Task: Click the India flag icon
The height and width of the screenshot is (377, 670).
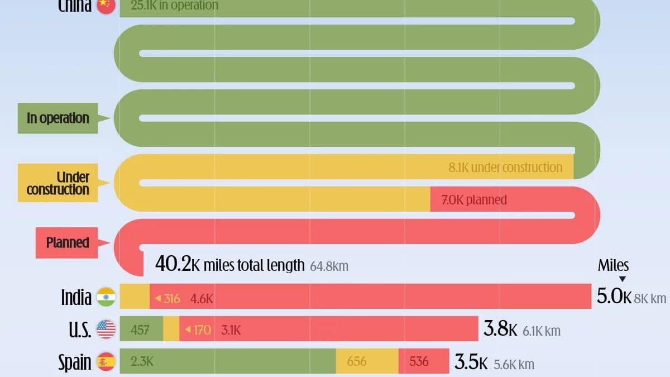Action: (106, 297)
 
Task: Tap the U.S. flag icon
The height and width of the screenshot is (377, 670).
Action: (106, 330)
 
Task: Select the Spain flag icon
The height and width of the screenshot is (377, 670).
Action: (106, 362)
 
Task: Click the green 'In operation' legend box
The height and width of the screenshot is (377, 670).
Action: (58, 118)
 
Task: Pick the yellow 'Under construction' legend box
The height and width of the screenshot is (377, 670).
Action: (58, 183)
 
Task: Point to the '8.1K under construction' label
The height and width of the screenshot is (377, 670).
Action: (505, 167)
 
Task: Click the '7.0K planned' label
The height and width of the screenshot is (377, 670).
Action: (474, 199)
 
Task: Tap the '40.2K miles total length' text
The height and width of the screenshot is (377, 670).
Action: (230, 265)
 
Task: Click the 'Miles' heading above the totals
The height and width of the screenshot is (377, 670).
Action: (613, 265)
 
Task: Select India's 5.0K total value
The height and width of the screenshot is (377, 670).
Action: (614, 296)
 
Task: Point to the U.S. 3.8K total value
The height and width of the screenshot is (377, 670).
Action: (500, 330)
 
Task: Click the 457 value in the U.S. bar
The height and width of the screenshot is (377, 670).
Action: (140, 330)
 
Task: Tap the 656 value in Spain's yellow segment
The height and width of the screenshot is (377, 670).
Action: (357, 361)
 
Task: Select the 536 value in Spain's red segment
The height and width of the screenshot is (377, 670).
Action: (419, 361)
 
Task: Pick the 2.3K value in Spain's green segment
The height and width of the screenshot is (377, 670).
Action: (142, 361)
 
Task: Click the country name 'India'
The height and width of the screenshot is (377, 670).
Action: (76, 297)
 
